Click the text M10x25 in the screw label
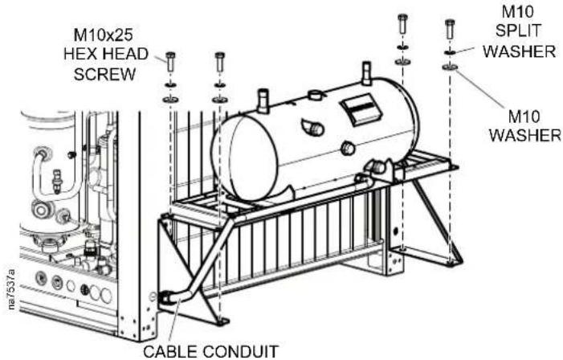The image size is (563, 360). click(103, 35)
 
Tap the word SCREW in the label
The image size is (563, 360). click(104, 75)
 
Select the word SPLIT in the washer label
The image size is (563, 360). click(518, 31)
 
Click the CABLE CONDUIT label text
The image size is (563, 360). click(211, 351)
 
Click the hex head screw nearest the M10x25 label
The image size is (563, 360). click(170, 62)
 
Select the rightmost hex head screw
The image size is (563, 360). click(450, 29)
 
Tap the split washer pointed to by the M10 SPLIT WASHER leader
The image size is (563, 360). click(450, 52)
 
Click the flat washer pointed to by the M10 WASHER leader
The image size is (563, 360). click(450, 67)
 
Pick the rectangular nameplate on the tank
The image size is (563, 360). click(361, 110)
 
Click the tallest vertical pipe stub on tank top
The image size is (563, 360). click(366, 74)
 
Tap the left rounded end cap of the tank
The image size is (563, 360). click(245, 156)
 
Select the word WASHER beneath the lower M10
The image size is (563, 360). click(525, 136)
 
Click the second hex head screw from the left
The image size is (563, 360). click(220, 62)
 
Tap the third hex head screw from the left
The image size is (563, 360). click(403, 24)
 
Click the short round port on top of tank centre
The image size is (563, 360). click(316, 95)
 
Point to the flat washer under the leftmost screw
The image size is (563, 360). click(170, 100)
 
